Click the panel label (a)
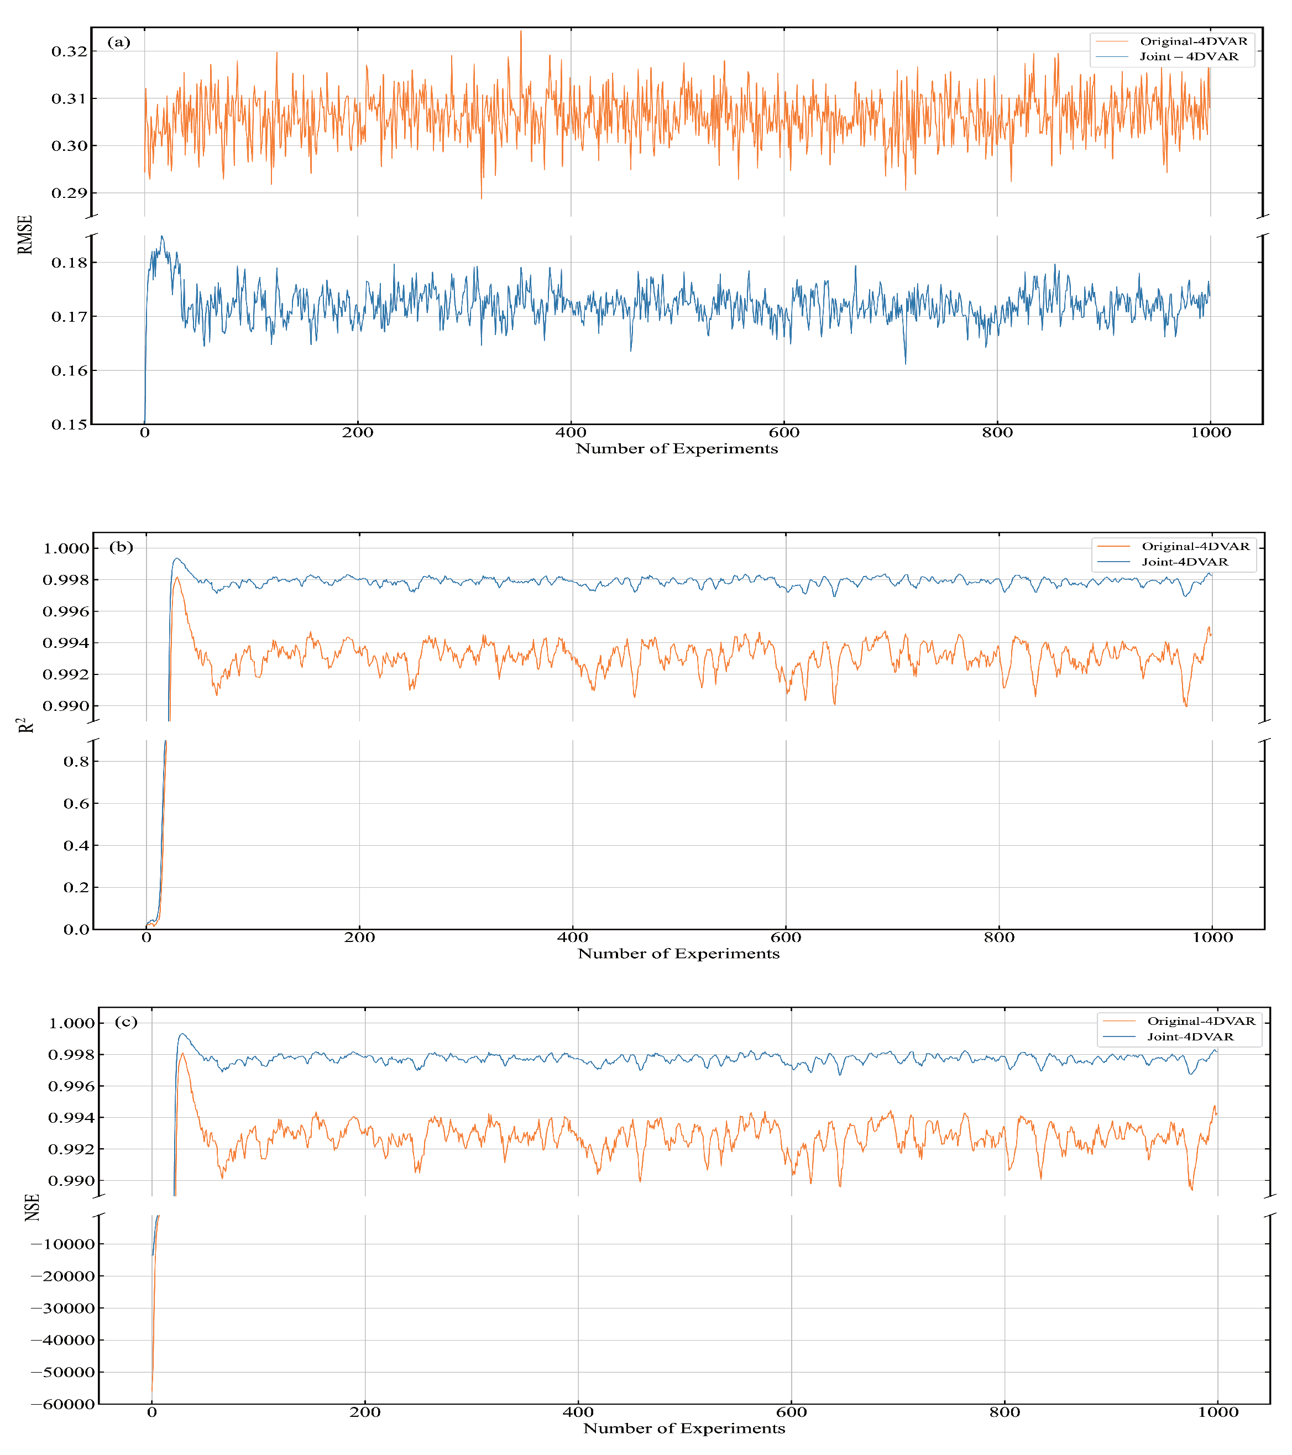pyautogui.click(x=119, y=42)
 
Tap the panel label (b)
pyautogui.click(x=121, y=547)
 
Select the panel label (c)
pyautogui.click(x=126, y=1022)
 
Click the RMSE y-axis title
pyautogui.click(x=25, y=235)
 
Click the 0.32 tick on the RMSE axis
pyautogui.click(x=69, y=51)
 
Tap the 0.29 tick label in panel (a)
pyautogui.click(x=69, y=193)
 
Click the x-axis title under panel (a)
pyautogui.click(x=676, y=448)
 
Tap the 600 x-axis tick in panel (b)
pyautogui.click(x=786, y=938)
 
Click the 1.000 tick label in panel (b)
pyautogui.click(x=66, y=548)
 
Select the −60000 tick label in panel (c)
pyautogui.click(x=62, y=1404)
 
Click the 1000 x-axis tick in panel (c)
pyautogui.click(x=1218, y=1412)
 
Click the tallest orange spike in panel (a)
pyautogui.click(x=520, y=32)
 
